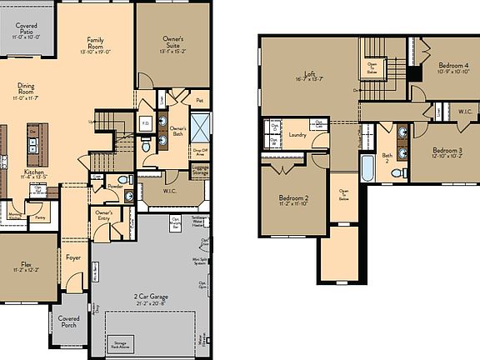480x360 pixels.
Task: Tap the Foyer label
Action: point(74,258)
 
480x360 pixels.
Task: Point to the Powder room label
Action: point(115,187)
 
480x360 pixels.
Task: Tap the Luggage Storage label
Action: point(200,169)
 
